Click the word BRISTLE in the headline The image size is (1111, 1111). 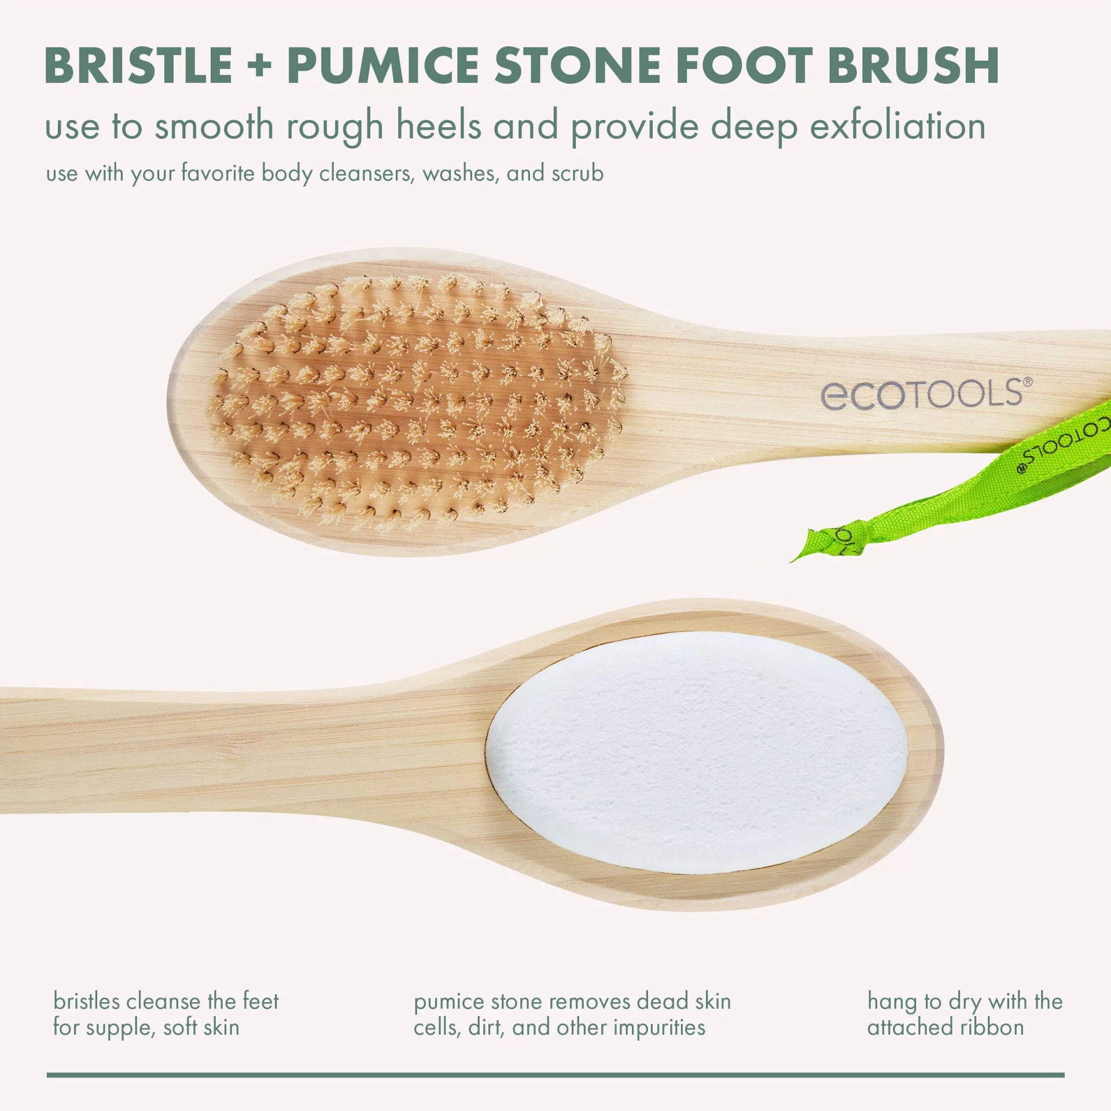tap(138, 65)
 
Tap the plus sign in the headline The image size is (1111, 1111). tap(259, 66)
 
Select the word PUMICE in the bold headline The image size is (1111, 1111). tap(383, 65)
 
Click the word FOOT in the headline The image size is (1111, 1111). tap(744, 65)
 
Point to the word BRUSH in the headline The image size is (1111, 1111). tap(914, 65)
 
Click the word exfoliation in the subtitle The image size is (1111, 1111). tap(897, 126)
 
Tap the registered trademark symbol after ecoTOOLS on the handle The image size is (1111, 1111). tap(1028, 382)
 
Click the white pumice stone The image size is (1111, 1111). tap(697, 752)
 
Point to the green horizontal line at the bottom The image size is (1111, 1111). tap(555, 1075)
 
